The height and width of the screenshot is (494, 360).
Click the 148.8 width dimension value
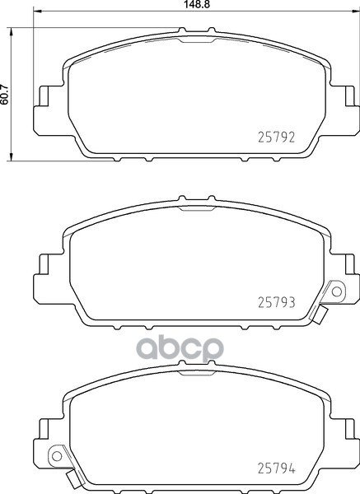[197, 4]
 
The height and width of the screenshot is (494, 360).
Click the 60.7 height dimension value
[4, 95]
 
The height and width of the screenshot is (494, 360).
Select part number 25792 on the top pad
[277, 137]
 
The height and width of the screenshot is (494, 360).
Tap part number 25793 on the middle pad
[277, 302]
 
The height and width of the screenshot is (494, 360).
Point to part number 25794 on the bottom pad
[277, 468]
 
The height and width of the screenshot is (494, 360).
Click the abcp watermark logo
[180, 347]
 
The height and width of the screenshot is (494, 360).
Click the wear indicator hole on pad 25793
[337, 291]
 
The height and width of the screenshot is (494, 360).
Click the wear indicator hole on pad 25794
[57, 455]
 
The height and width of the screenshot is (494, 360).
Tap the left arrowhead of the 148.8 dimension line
[37, 12]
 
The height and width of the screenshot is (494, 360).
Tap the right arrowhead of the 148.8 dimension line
[356, 12]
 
